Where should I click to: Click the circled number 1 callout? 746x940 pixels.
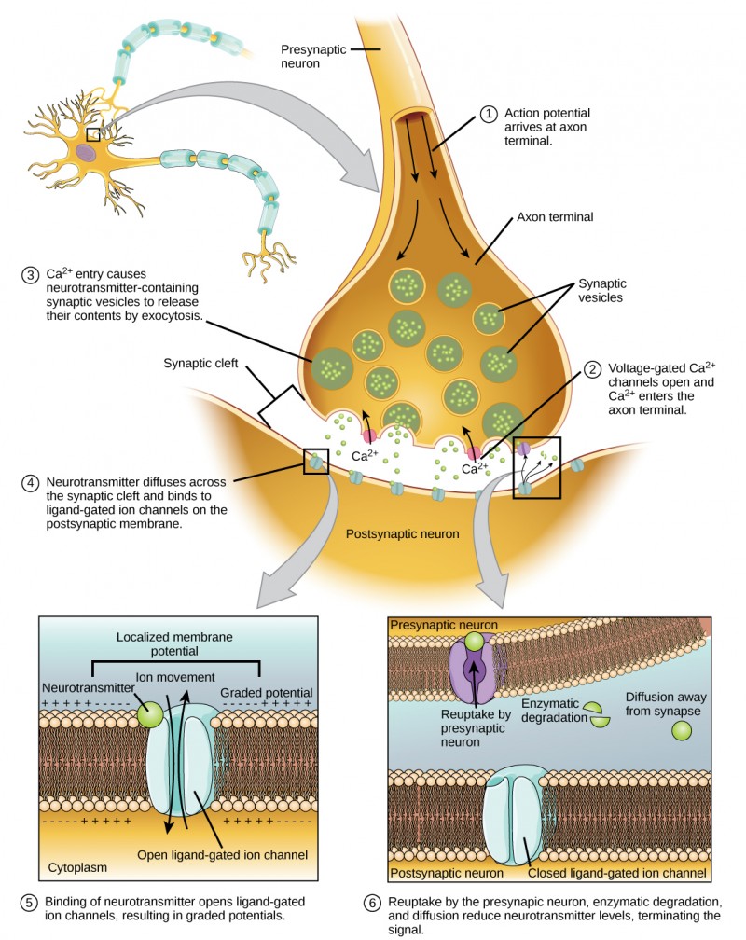[490, 114]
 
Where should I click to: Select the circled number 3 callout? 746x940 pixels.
[30, 277]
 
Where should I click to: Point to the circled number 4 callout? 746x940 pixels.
[30, 482]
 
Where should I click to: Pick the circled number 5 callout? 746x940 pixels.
[30, 903]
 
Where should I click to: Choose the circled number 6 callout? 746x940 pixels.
[372, 903]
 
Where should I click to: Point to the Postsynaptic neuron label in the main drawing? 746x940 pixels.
[403, 535]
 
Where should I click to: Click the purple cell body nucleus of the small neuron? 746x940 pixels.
[86, 150]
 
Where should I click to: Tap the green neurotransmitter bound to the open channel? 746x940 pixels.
[149, 715]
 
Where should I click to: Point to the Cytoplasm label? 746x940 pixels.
[77, 867]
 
